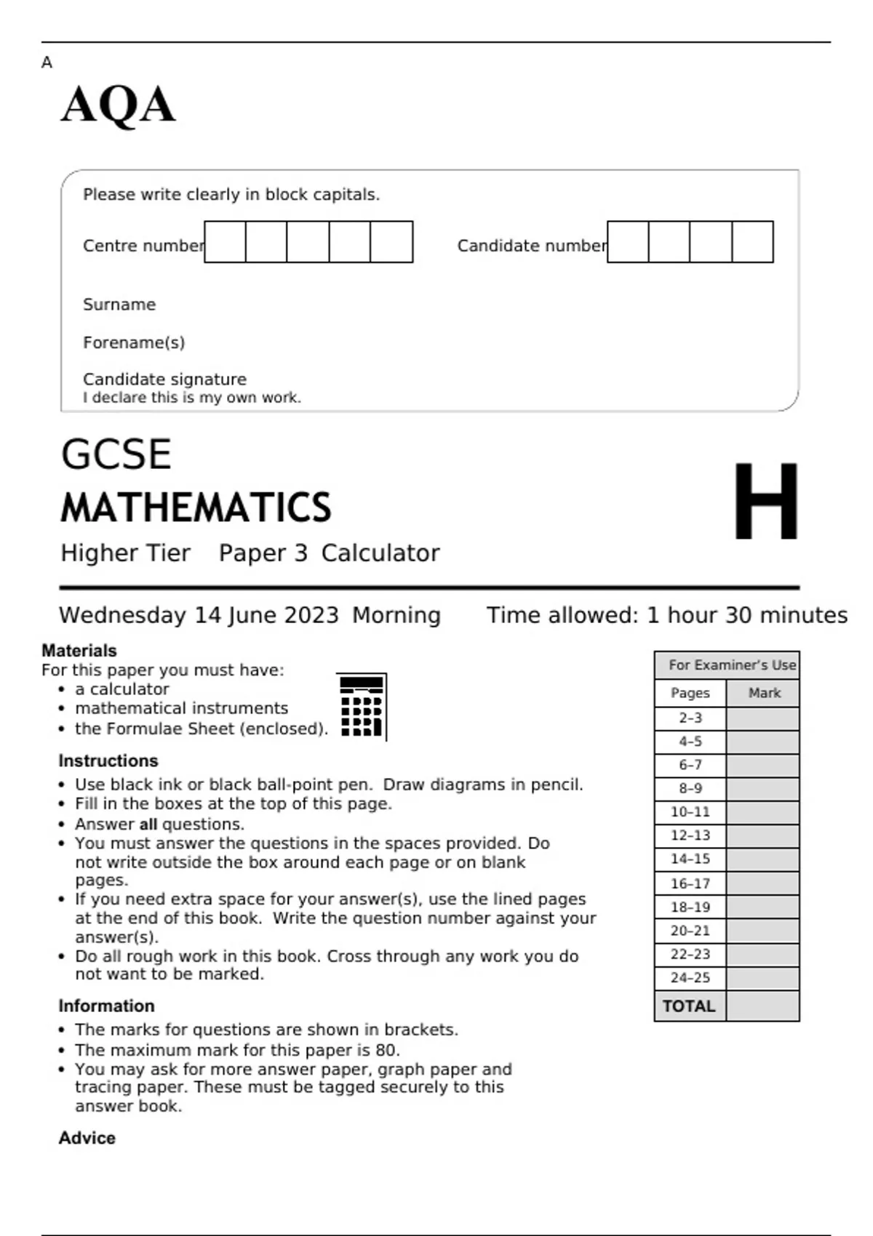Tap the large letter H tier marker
point(765,502)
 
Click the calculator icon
point(362,706)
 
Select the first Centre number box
point(225,242)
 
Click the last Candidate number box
point(752,242)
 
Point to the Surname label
point(119,305)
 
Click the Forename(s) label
point(134,342)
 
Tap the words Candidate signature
point(164,380)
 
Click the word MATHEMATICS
point(196,507)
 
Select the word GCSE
point(116,455)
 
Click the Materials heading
point(79,651)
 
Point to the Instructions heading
point(108,761)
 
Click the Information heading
point(107,1006)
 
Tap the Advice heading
point(87,1138)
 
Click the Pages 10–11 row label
point(690,812)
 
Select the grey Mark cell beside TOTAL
point(762,1006)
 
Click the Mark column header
point(764,693)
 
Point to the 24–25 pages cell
point(690,978)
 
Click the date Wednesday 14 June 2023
point(199,615)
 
